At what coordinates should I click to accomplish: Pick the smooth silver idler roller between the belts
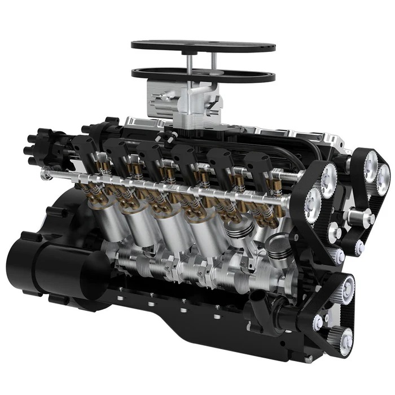pos(361,217)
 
